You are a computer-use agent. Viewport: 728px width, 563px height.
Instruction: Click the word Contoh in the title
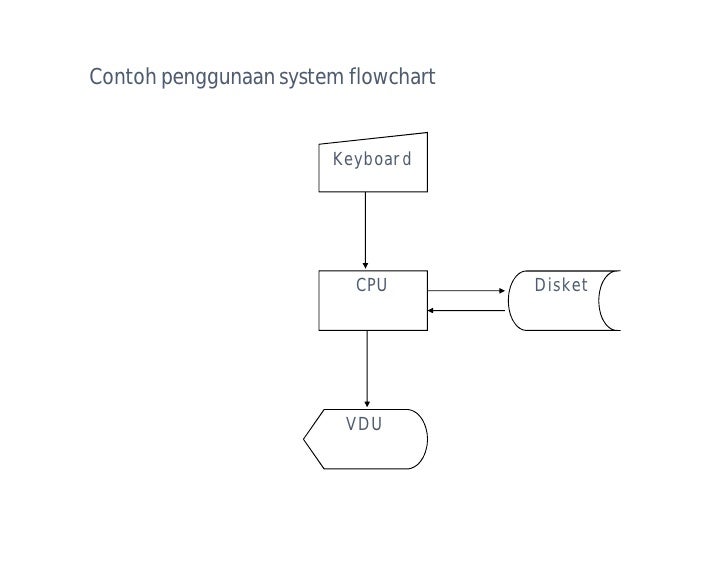[x=117, y=77]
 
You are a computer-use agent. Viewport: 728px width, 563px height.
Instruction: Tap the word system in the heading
[x=313, y=78]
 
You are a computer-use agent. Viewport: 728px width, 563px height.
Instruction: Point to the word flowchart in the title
[x=393, y=77]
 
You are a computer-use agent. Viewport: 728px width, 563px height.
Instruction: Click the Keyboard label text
[x=371, y=159]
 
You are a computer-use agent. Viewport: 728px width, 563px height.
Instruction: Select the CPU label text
[x=372, y=286]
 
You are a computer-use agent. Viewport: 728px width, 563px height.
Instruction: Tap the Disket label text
[x=561, y=286]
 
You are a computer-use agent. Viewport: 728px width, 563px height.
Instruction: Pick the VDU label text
[x=364, y=425]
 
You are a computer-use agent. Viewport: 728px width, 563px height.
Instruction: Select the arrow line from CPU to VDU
[x=367, y=366]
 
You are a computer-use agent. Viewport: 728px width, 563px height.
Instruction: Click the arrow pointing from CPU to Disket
[x=466, y=291]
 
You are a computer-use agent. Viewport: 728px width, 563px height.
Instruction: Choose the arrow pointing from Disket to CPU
[x=468, y=310]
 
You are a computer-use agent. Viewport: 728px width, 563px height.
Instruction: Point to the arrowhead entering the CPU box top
[x=365, y=266]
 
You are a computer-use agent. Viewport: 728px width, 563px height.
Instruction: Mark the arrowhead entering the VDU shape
[x=367, y=404]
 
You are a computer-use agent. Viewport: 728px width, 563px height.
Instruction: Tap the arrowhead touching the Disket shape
[x=502, y=291]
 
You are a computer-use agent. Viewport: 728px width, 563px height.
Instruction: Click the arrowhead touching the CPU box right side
[x=431, y=310]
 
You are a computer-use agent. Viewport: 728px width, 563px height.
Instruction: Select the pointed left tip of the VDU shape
[x=304, y=439]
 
